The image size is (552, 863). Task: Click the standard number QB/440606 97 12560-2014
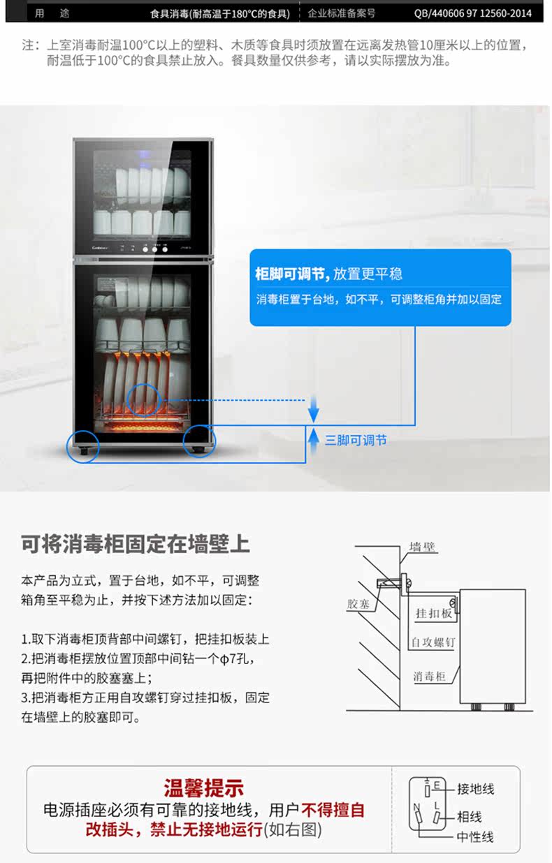[x=482, y=13]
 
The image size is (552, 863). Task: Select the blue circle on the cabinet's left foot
[x=82, y=445]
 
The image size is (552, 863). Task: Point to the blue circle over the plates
[x=145, y=399]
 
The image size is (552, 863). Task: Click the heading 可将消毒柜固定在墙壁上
[x=136, y=544]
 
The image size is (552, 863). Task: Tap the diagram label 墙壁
[x=423, y=547]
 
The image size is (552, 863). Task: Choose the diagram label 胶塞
[x=358, y=604]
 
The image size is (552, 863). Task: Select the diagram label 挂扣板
[x=434, y=614]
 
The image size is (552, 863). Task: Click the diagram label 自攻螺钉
[x=433, y=642]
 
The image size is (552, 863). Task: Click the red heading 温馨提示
[x=204, y=789]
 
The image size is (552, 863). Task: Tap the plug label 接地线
[x=476, y=789]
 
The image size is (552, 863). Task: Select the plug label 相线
[x=470, y=817]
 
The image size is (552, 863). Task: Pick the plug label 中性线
[x=476, y=836]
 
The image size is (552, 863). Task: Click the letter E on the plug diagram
[x=436, y=785]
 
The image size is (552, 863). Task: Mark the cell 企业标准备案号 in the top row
[x=342, y=13]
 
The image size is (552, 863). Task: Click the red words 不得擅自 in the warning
[x=333, y=810]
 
